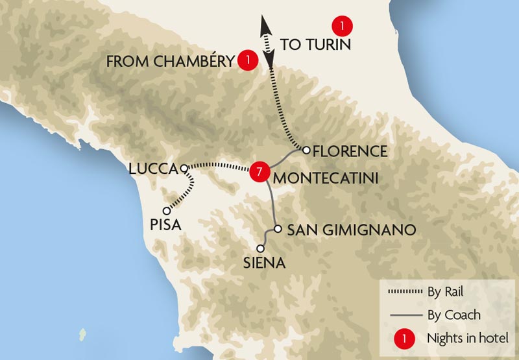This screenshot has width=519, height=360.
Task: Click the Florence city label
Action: click(x=350, y=152)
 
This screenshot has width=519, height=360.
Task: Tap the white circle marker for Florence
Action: click(x=306, y=150)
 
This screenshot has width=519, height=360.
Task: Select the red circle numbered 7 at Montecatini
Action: click(x=259, y=172)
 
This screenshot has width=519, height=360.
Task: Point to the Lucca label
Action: click(x=153, y=169)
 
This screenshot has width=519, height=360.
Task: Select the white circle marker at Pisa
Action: click(x=167, y=211)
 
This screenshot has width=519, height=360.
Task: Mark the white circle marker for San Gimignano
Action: click(x=277, y=229)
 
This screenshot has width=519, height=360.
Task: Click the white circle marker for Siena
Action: click(x=261, y=248)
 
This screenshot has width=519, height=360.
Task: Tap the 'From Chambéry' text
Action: click(x=169, y=62)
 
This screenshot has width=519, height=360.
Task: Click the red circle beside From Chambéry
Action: click(x=246, y=60)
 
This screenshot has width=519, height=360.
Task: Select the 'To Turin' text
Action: click(x=315, y=45)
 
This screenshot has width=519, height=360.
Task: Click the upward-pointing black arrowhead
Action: click(x=265, y=25)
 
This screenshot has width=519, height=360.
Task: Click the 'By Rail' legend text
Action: click(x=444, y=291)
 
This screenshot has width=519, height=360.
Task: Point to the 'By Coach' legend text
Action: click(x=454, y=315)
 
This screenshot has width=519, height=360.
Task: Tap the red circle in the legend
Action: click(x=405, y=337)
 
